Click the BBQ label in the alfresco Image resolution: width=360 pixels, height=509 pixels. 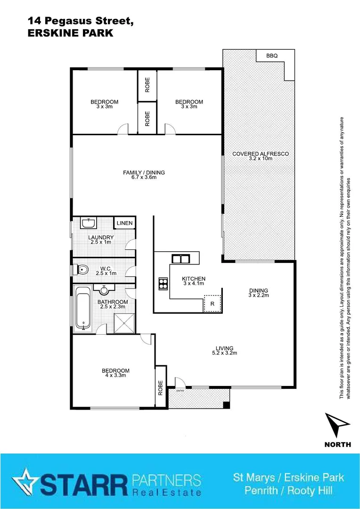(272, 56)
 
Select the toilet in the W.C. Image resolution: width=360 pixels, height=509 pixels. (83, 270)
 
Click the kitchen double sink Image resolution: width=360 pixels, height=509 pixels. (180, 258)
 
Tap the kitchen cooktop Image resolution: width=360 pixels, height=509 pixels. (163, 283)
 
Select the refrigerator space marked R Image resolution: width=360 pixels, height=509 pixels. (212, 304)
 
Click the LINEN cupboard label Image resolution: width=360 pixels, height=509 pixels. (125, 223)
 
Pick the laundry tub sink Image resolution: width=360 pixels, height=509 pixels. (88, 222)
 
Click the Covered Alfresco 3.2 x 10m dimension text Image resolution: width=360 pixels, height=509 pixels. (261, 159)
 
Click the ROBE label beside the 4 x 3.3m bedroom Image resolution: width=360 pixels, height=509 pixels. (161, 386)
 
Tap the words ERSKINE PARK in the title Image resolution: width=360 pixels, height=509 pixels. (70, 33)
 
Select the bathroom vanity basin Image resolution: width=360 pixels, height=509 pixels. (102, 288)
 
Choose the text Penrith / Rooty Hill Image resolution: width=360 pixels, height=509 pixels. (288, 491)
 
